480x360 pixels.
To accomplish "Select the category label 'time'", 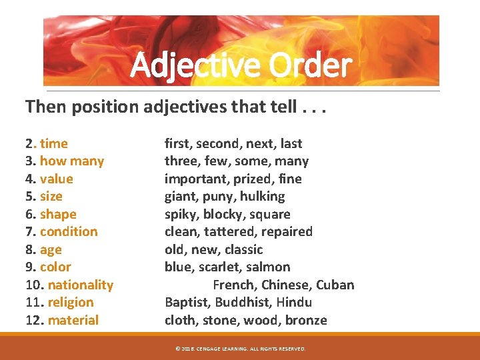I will click(54, 143).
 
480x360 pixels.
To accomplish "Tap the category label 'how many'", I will click(72, 161).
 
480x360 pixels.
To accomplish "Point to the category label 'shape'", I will click(58, 214).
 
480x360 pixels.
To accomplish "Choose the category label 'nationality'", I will click(81, 285).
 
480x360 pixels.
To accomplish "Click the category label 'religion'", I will click(71, 302).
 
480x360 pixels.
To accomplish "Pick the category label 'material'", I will click(73, 320).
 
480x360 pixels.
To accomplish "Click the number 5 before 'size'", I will click(29, 196).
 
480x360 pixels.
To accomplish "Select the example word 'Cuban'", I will click(335, 285).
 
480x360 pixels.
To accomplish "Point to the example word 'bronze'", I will click(306, 320).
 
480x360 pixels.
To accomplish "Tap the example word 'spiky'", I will click(181, 214).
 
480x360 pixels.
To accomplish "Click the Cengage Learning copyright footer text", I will click(239, 349).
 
